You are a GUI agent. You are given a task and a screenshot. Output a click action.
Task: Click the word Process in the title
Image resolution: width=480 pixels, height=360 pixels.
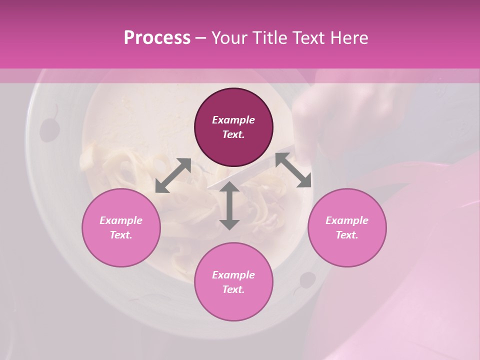tap(157, 38)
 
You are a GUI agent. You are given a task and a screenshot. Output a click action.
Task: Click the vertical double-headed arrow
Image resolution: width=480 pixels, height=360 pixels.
tap(229, 205)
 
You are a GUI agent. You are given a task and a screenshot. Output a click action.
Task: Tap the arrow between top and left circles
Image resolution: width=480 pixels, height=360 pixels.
tap(173, 175)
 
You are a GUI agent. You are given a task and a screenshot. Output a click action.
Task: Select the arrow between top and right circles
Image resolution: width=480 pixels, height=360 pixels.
tap(293, 170)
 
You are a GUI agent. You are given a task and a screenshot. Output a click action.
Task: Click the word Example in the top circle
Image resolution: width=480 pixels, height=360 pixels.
tap(233, 120)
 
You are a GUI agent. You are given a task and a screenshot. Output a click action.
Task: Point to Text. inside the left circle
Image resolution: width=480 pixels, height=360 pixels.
tap(121, 235)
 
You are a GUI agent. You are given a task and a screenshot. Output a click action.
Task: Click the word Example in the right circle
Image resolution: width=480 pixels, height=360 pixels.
tap(347, 220)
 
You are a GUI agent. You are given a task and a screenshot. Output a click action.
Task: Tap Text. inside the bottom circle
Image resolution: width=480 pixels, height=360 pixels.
tap(233, 289)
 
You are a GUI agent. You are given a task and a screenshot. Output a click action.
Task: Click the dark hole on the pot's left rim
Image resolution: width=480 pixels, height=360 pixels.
tap(49, 129)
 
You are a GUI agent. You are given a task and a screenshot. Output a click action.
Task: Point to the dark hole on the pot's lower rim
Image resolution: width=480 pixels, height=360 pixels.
tap(307, 280)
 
